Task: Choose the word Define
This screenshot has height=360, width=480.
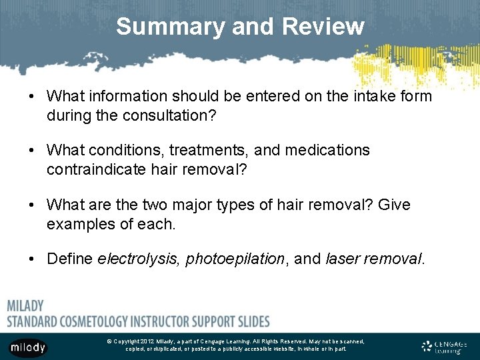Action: click(x=70, y=259)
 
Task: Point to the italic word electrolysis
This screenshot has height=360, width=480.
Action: click(x=139, y=259)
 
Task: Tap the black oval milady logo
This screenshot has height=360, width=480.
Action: click(x=27, y=347)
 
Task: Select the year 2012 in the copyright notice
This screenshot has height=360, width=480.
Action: click(x=151, y=341)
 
